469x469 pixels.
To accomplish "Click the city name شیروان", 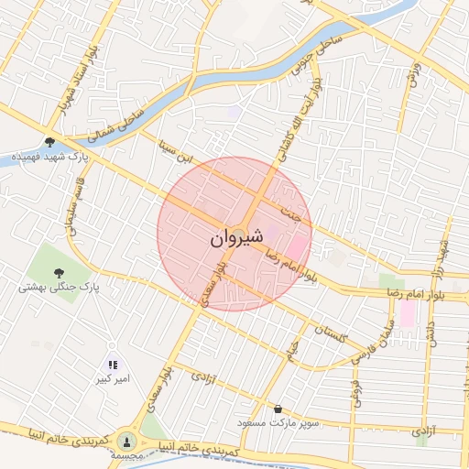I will (236, 237).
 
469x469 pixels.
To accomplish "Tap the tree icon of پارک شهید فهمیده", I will (49, 142).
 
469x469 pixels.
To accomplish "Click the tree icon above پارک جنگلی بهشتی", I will (59, 272).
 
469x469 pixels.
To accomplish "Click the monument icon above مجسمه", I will (126, 441).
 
